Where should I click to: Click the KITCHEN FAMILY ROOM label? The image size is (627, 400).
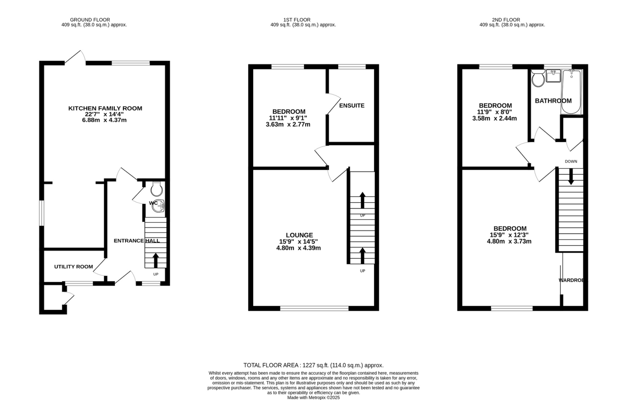pos(105,108)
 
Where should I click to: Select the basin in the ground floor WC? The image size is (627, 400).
pos(159,206)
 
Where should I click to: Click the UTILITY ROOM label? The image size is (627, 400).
pos(73,267)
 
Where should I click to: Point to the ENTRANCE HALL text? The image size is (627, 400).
pos(137,241)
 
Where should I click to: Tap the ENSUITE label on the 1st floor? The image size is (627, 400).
pos(352,106)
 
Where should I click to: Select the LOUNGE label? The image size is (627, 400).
pos(299,235)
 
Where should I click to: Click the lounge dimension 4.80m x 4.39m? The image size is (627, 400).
pos(298,248)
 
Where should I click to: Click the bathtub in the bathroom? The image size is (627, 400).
pos(571,92)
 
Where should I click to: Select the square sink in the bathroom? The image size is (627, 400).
pos(553,76)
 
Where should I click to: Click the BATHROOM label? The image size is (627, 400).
pos(553,101)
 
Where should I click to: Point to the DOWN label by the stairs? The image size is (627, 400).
pos(571,161)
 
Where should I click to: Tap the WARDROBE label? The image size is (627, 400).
pos(573,280)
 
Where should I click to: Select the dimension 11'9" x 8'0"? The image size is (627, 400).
pos(494,112)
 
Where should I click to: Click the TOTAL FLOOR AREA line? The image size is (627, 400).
pos(313,365)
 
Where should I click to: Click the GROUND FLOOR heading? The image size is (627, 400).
pos(90,20)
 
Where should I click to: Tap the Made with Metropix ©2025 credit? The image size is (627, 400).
pos(313,398)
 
